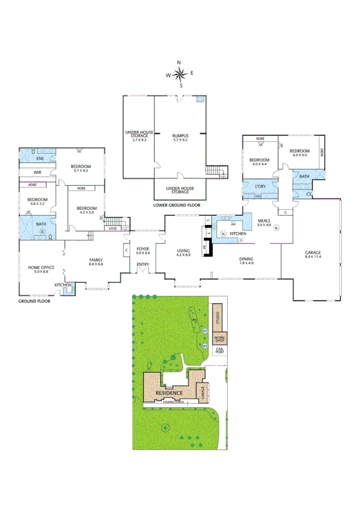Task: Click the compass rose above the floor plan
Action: point(179,74)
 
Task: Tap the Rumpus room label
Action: point(180,135)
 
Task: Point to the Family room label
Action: point(96,260)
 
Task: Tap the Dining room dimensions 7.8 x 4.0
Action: point(246,263)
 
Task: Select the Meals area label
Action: point(265,221)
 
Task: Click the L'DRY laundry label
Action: point(260,186)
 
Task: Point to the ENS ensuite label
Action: point(40,158)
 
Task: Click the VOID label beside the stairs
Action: point(112,228)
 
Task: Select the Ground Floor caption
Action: point(34,300)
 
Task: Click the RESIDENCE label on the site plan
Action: point(169,393)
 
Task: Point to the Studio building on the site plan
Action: point(217,316)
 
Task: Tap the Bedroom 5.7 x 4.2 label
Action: point(80,168)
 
